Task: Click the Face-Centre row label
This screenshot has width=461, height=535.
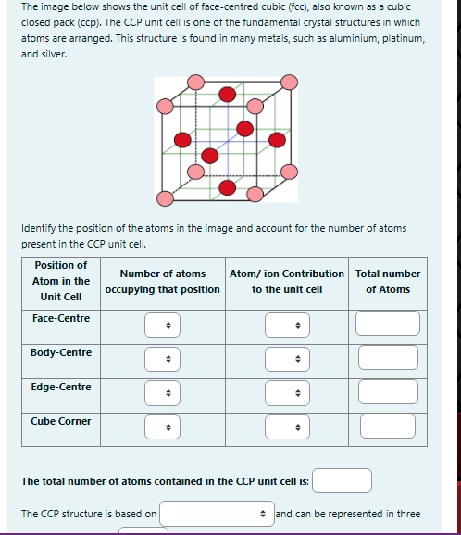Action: click(61, 318)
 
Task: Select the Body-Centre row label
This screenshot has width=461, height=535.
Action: click(61, 352)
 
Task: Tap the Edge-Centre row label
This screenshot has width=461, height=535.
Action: click(61, 387)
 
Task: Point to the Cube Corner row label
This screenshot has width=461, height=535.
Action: click(61, 421)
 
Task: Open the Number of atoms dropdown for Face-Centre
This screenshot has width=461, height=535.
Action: click(162, 325)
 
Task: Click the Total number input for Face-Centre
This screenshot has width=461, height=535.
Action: click(388, 324)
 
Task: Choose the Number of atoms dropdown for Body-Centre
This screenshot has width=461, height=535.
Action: click(162, 358)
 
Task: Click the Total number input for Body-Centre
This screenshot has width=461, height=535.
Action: click(388, 358)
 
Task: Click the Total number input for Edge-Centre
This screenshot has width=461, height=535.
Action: click(388, 392)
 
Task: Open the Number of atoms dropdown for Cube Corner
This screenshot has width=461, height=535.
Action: click(162, 427)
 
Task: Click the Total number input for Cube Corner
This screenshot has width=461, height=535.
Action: click(388, 427)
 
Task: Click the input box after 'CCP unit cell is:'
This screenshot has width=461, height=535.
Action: click(342, 480)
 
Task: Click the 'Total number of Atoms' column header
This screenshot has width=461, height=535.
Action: click(388, 281)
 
